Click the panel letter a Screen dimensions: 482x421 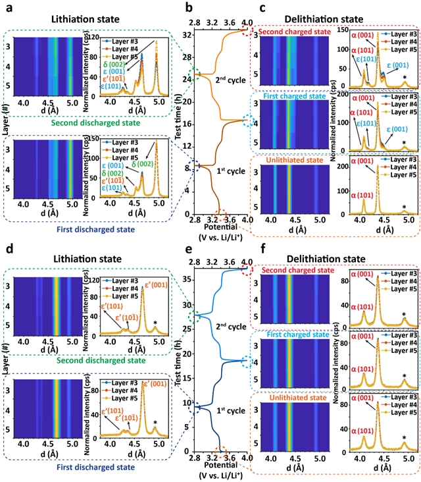click(x=5, y=7)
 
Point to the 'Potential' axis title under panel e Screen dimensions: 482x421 click(x=216, y=458)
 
